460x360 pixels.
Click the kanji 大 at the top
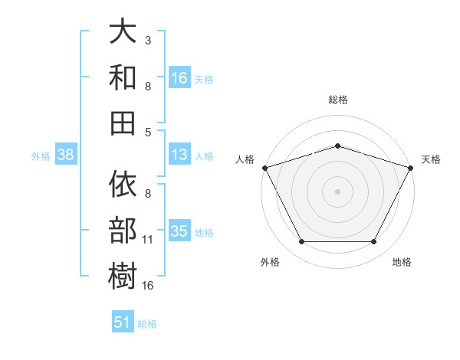[123, 31]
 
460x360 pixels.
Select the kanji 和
[123, 77]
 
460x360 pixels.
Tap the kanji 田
[123, 123]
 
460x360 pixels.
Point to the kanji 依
[123, 184]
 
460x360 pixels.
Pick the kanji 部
[123, 230]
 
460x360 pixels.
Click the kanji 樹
[123, 276]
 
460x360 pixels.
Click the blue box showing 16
[179, 77]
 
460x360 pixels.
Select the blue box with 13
[179, 154]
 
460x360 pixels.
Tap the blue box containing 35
[179, 230]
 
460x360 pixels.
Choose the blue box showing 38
[66, 154]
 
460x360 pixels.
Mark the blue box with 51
[123, 321]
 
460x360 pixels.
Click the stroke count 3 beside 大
[148, 41]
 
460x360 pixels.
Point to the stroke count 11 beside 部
[147, 240]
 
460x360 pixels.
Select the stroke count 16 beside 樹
[147, 286]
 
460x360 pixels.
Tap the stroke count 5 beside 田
[148, 133]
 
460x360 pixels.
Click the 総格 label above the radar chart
[338, 100]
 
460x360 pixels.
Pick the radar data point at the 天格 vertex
[410, 168]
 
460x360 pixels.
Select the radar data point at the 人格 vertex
[265, 168]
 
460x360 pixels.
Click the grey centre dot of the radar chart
[337, 191]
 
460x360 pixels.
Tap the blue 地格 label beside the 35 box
[204, 233]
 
